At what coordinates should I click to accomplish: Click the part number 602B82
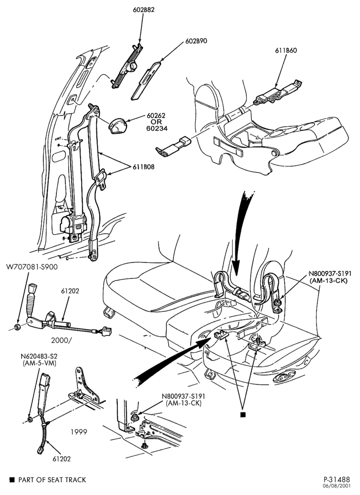pos(143,10)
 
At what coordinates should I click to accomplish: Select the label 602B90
pos(196,41)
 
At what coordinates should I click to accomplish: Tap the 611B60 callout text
pos(286,50)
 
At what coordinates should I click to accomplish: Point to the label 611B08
pos(144,167)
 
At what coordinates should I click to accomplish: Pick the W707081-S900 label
pos(32,267)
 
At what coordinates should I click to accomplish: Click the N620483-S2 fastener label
pos(39,356)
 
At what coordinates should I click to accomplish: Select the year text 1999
pos(79,432)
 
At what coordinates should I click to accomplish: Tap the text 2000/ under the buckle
pos(61,341)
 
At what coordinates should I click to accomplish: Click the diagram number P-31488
pos(337,480)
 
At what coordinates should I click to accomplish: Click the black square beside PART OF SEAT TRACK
pos(12,480)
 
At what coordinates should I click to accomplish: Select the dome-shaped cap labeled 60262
pos(118,126)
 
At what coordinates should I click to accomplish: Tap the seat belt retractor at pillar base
pos(73,224)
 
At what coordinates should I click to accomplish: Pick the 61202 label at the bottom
pos(62,459)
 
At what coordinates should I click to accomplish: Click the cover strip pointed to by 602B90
pos(146,81)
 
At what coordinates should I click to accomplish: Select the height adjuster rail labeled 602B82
pos(127,66)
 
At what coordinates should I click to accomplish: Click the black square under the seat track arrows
pos(243,415)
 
